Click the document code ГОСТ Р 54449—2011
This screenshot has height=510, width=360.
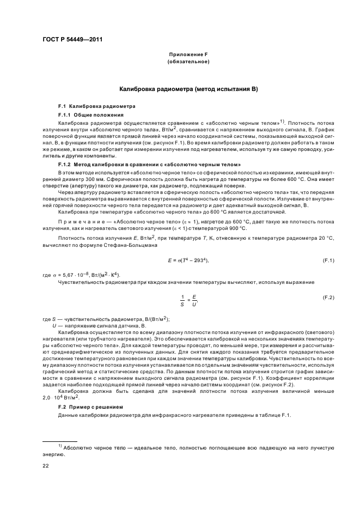(x=72, y=39)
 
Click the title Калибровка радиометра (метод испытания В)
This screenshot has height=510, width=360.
(x=188, y=88)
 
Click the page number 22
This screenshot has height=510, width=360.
(x=46, y=466)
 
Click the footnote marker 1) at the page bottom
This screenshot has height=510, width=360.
(x=60, y=446)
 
